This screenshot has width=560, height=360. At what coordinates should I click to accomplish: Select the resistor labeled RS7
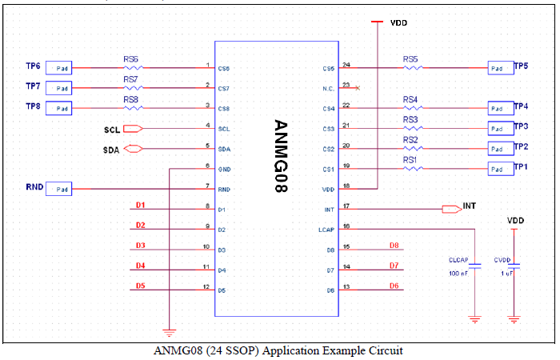point(130,87)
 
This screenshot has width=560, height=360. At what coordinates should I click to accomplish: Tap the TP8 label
point(34,106)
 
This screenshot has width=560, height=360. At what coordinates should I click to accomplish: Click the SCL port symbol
point(133,128)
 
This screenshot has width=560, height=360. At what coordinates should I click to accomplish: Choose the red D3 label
point(140,246)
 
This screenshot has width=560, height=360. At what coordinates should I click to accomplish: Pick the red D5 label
point(140,286)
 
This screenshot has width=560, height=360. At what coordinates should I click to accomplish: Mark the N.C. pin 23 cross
point(357,87)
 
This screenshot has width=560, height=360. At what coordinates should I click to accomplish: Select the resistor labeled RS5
point(410,67)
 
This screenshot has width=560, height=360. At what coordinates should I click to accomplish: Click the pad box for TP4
point(498,108)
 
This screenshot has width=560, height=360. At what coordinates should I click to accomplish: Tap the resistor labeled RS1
point(410,168)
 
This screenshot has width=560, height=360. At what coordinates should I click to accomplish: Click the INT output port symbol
point(451,209)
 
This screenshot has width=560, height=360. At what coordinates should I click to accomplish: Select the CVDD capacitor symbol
point(514,266)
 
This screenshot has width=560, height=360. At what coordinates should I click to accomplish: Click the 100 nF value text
point(458,274)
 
